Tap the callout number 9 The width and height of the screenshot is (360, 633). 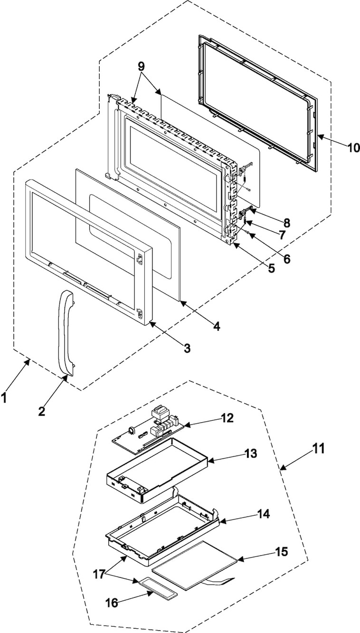tap(141, 66)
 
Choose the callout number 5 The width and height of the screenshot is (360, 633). tap(271, 268)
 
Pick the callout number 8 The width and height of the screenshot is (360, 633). tap(286, 223)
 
